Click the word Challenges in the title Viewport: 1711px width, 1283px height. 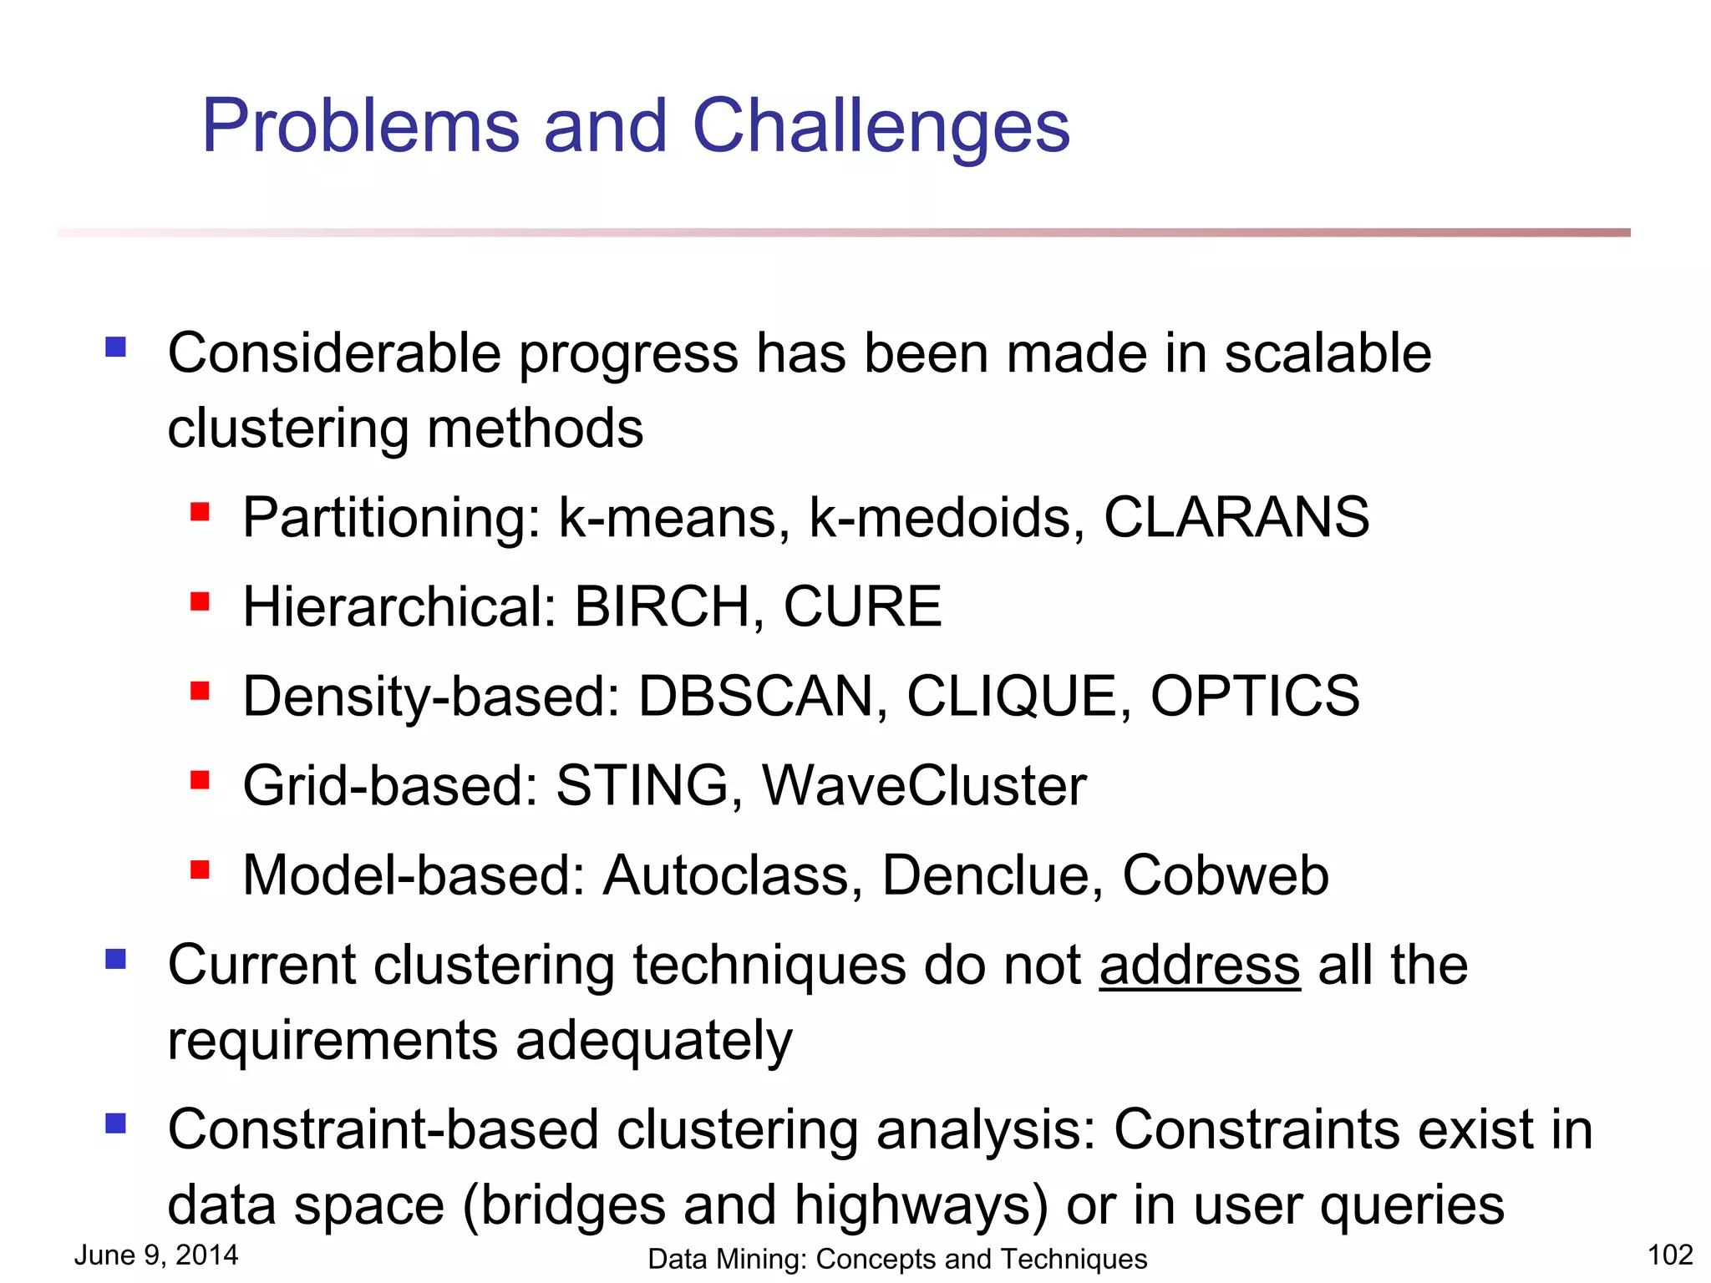[881, 127]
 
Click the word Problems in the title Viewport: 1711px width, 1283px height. [361, 127]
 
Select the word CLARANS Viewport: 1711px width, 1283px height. [1236, 517]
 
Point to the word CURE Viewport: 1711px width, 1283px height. [862, 606]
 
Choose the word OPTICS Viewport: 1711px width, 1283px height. [1255, 696]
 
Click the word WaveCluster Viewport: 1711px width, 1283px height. [924, 785]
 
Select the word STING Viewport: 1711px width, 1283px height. [642, 785]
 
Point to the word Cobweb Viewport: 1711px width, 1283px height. [1225, 875]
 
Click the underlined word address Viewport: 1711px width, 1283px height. [1200, 966]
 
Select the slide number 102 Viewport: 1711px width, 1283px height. [1669, 1255]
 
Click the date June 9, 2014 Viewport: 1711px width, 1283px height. [156, 1255]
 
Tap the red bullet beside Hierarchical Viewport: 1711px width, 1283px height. [200, 601]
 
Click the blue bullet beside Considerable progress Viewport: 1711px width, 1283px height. [115, 346]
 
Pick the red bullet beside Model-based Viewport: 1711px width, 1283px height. [200, 870]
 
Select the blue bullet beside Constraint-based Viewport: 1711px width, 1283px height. [115, 1123]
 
